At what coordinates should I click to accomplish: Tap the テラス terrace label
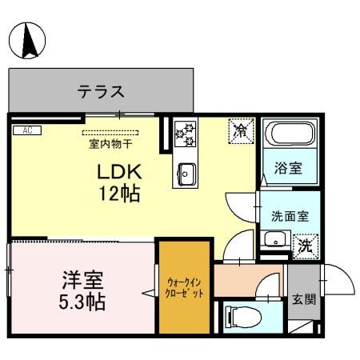101,91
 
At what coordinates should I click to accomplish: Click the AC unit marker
26,130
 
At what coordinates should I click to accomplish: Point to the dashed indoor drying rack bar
110,133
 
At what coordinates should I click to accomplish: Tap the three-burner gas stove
186,134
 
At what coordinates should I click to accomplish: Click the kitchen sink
186,173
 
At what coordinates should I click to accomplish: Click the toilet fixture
240,316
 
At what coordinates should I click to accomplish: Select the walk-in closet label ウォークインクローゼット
185,287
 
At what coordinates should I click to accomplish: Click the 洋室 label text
82,282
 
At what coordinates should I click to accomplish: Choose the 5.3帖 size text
82,303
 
